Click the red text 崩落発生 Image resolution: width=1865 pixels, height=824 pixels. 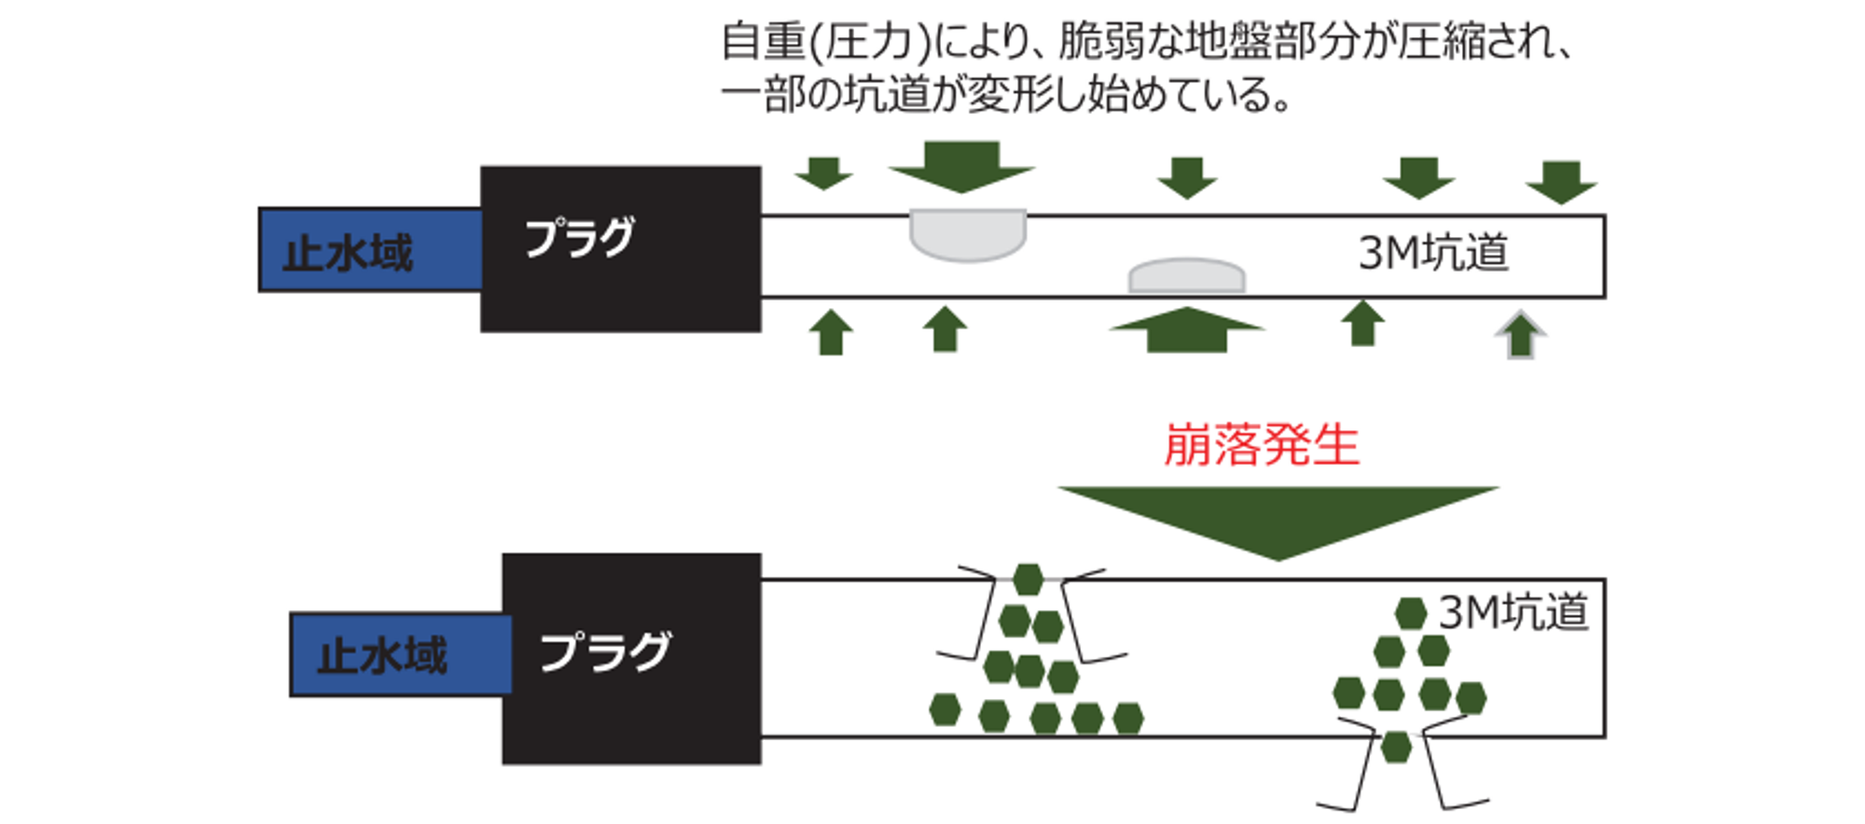pyautogui.click(x=1261, y=445)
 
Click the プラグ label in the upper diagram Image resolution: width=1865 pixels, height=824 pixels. pyautogui.click(x=580, y=237)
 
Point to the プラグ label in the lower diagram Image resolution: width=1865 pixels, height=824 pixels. pyautogui.click(x=604, y=651)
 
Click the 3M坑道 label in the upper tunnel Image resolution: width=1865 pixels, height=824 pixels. pyautogui.click(x=1432, y=253)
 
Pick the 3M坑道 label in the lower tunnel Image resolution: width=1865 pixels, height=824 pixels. pyautogui.click(x=1513, y=613)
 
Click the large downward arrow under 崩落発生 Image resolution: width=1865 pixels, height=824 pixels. pyautogui.click(x=1278, y=518)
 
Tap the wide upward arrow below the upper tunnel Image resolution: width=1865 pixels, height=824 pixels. pyautogui.click(x=1186, y=330)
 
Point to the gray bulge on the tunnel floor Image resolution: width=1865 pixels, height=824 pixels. pyautogui.click(x=1186, y=277)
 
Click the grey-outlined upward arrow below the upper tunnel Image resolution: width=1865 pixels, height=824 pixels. pyautogui.click(x=1521, y=335)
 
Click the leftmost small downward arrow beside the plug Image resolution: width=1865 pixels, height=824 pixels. pyautogui.click(x=823, y=174)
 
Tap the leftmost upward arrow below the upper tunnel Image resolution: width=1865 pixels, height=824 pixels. pyautogui.click(x=831, y=332)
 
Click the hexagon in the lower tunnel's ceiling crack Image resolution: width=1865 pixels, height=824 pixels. pyautogui.click(x=1028, y=580)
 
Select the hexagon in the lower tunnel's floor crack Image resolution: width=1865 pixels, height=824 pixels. pyautogui.click(x=1395, y=747)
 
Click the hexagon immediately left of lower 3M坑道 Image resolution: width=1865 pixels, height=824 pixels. pyautogui.click(x=1410, y=613)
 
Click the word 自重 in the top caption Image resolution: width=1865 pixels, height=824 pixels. pyautogui.click(x=763, y=42)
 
